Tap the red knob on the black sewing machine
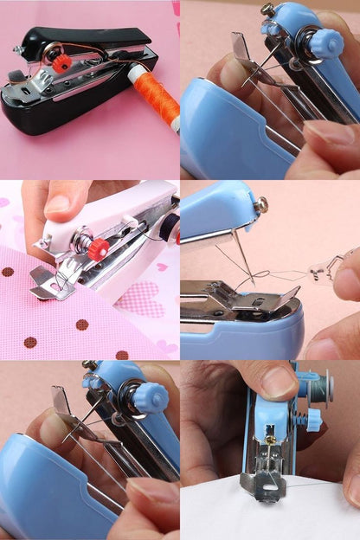coord(61,63)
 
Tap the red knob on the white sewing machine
coord(97,248)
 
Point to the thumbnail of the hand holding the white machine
coord(57,204)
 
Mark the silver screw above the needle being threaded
coord(260,204)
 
